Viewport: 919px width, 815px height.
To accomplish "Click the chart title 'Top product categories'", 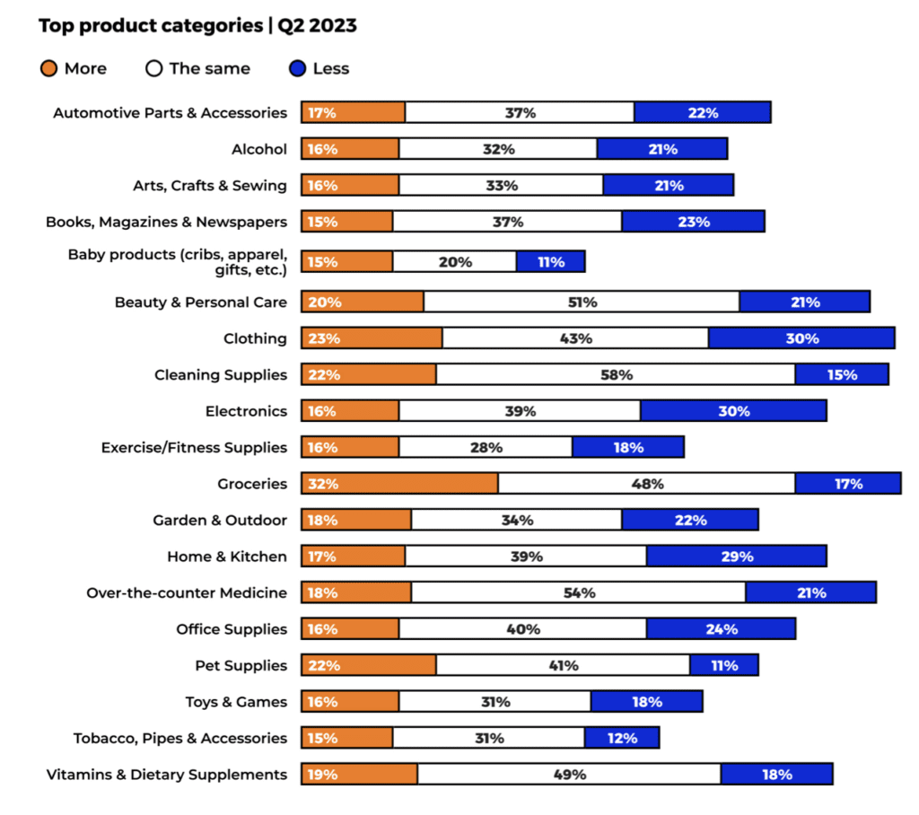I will click(149, 25).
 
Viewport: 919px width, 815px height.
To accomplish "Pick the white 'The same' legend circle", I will click(153, 68).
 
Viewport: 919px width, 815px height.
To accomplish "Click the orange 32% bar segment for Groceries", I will click(399, 484).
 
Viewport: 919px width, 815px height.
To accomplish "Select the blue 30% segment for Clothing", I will click(801, 338).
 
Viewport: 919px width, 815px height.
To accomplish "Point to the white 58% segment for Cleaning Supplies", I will click(615, 374).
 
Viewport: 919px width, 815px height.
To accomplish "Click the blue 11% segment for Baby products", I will click(550, 262).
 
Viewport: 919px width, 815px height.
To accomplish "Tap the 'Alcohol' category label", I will click(259, 149).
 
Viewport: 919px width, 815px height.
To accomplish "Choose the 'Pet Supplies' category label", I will click(241, 665).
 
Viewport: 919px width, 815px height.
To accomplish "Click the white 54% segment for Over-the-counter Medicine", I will click(578, 592).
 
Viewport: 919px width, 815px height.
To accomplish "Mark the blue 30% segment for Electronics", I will click(732, 411).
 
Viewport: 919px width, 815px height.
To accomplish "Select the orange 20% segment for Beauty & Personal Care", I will click(362, 302).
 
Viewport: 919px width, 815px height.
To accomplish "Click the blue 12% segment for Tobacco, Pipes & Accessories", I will click(621, 738).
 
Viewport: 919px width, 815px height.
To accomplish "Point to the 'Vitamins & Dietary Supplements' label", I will click(167, 774).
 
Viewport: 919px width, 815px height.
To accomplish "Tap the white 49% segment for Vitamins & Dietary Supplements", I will click(568, 774).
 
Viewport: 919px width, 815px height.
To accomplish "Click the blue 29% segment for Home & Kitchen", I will click(735, 556).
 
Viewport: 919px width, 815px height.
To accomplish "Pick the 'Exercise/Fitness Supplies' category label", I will click(194, 447).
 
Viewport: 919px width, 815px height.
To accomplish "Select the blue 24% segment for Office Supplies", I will click(720, 629).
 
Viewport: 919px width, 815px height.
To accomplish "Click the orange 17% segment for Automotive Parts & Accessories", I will click(353, 112).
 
